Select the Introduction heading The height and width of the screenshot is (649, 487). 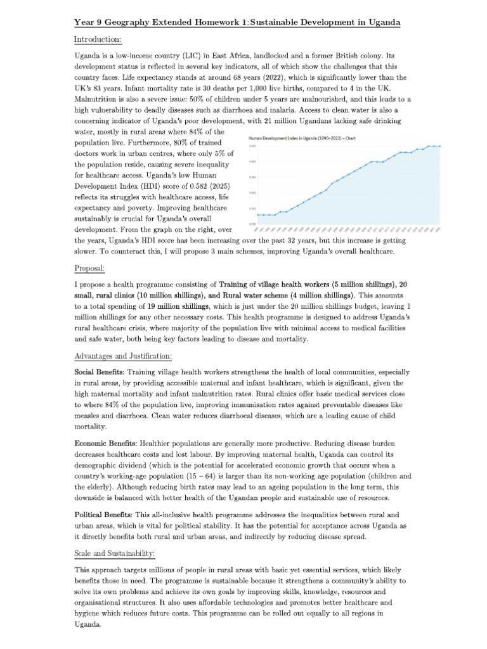[98, 40]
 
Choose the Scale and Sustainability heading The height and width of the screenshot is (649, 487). [115, 553]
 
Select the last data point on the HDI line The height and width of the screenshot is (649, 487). [439, 146]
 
